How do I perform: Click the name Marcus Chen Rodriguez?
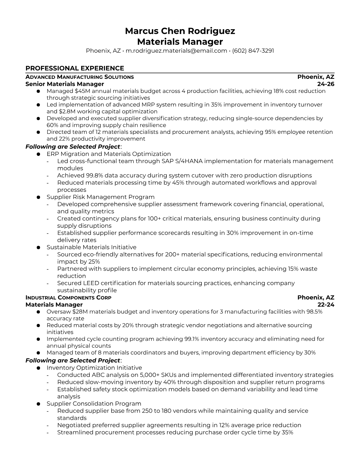click(180, 31)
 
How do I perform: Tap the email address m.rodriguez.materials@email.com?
click(176, 51)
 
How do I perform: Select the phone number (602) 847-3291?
click(253, 51)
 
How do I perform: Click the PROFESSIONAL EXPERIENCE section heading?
click(75, 68)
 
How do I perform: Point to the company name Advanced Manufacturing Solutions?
click(79, 77)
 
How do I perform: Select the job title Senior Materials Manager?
click(65, 84)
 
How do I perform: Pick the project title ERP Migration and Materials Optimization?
click(109, 154)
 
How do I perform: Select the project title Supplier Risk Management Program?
click(100, 197)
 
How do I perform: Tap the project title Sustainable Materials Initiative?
click(91, 247)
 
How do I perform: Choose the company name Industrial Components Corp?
click(68, 298)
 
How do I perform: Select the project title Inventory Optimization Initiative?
click(94, 368)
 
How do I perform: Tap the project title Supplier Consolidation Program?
click(94, 404)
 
